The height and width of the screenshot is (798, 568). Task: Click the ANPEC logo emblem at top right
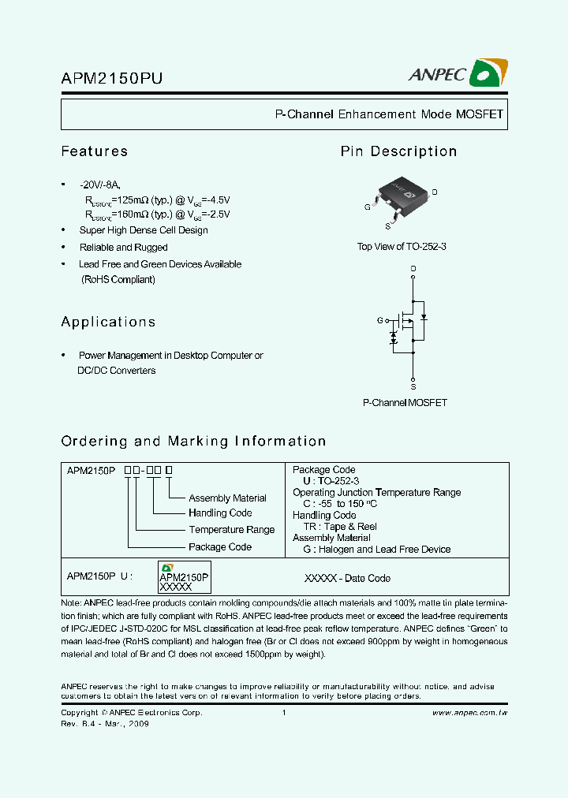[488, 74]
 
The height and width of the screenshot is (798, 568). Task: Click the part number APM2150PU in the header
[112, 78]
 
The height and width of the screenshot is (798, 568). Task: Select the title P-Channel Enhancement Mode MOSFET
[388, 114]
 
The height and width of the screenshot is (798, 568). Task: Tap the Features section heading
[95, 151]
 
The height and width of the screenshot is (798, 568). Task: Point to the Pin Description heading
[398, 151]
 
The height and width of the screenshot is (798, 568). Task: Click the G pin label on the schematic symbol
[379, 321]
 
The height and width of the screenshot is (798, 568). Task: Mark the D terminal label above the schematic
[413, 269]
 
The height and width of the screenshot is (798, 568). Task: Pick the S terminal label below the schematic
[413, 387]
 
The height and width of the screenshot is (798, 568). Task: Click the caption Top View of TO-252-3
[402, 247]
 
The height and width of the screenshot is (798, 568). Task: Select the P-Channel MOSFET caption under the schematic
[405, 403]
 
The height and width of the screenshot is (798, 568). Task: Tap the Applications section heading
[108, 322]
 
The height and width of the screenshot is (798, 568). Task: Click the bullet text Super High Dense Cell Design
[144, 230]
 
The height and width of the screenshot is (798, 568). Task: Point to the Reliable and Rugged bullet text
[123, 248]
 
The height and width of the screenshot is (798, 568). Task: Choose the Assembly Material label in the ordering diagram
[227, 498]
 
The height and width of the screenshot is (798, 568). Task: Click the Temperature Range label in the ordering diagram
[231, 530]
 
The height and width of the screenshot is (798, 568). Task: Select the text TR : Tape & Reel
[340, 527]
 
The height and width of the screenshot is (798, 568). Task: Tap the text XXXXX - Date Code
[347, 579]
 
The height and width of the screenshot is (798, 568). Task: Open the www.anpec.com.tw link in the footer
[469, 713]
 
